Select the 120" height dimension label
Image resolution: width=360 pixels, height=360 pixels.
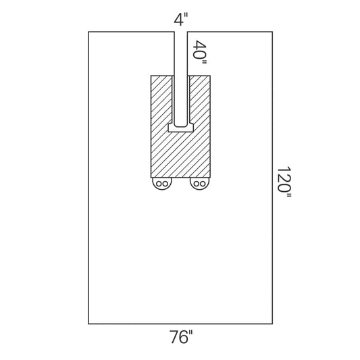click(284, 180)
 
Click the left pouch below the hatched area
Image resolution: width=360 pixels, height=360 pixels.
click(161, 184)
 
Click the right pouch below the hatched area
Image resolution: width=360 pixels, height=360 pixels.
click(199, 184)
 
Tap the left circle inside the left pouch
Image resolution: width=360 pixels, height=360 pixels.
click(158, 184)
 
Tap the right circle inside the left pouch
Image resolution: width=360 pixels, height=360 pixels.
click(165, 184)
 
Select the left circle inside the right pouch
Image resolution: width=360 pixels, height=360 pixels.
click(196, 184)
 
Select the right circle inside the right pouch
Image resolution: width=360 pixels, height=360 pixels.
click(203, 184)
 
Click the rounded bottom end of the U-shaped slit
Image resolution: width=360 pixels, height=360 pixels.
click(180, 125)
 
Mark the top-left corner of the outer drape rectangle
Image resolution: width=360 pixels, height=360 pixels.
click(88, 32)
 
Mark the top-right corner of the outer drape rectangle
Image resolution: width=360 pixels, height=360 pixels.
click(272, 32)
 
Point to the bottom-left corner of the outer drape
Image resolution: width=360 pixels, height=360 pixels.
click(88, 324)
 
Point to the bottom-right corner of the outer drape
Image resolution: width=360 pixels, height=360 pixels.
click(272, 324)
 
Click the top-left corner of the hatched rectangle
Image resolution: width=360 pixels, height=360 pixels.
click(151, 75)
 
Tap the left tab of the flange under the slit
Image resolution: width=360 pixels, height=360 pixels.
click(170, 127)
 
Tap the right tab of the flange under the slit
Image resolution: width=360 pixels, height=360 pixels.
click(191, 127)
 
